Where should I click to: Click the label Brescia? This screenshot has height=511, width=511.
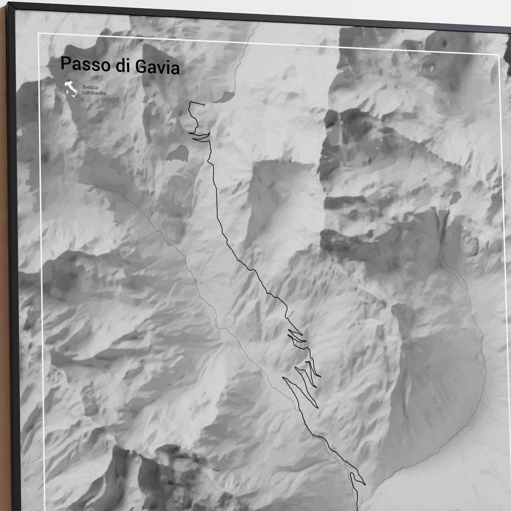(90, 87)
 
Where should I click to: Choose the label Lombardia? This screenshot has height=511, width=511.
(94, 93)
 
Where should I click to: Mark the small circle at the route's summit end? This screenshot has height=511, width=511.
(204, 105)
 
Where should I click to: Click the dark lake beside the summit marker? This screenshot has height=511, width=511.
(227, 97)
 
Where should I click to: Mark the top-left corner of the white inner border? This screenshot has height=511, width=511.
(39, 34)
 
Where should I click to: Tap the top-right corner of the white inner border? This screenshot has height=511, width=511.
(498, 55)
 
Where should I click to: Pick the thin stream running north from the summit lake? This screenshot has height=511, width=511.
(248, 53)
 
